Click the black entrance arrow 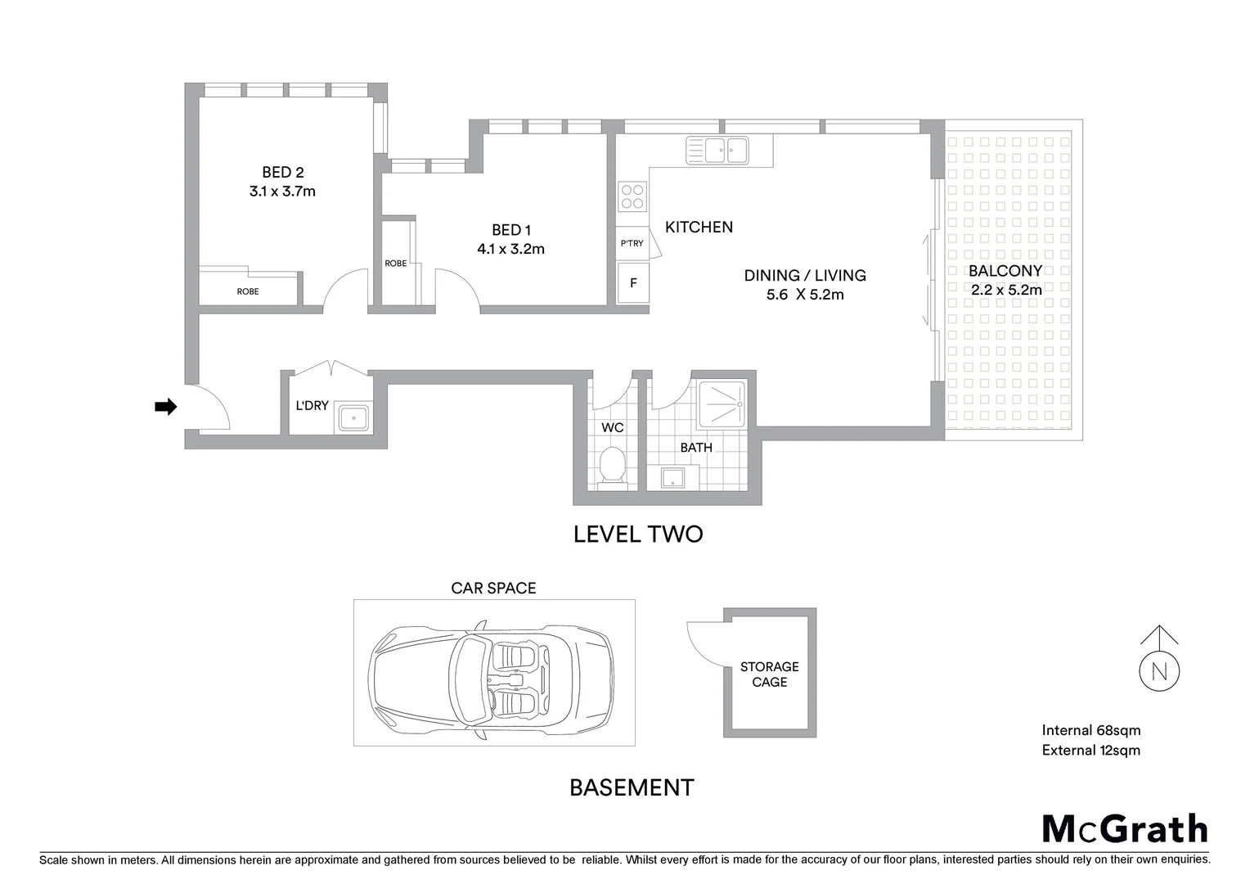click(x=166, y=407)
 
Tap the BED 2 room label click(x=282, y=172)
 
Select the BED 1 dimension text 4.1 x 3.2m click(x=510, y=249)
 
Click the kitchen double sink click(x=717, y=151)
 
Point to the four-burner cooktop click(x=632, y=197)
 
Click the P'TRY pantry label click(x=632, y=243)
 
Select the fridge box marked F click(x=633, y=283)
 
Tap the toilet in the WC click(x=612, y=466)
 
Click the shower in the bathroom click(x=722, y=404)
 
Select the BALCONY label click(x=1005, y=271)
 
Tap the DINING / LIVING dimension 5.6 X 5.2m click(x=805, y=295)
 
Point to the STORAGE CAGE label click(x=769, y=674)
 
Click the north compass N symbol click(x=1159, y=671)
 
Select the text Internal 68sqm click(x=1090, y=730)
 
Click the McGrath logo click(x=1125, y=828)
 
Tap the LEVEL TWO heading click(x=638, y=534)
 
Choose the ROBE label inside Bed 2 click(x=248, y=291)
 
